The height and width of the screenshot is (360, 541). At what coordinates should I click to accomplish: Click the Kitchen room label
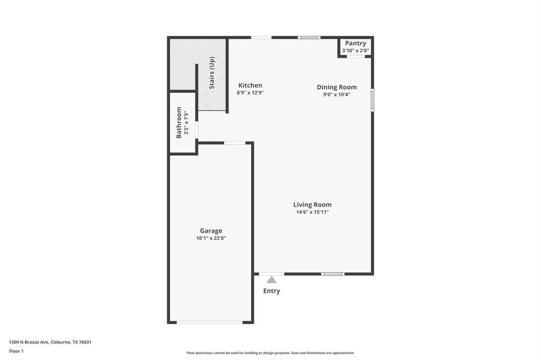(x=250, y=85)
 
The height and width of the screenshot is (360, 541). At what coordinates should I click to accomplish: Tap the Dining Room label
(x=337, y=87)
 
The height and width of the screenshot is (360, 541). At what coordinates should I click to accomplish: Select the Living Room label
(x=312, y=205)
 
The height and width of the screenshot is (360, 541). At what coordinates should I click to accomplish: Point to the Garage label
(x=211, y=231)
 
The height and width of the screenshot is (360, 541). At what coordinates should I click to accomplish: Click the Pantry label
(x=356, y=43)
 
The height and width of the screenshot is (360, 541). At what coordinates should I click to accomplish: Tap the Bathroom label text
(x=179, y=122)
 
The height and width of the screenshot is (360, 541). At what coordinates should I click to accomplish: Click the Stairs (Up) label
(x=212, y=73)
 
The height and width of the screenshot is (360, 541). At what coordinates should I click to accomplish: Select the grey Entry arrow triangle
(x=272, y=280)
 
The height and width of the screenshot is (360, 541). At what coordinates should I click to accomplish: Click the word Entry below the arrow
(x=272, y=291)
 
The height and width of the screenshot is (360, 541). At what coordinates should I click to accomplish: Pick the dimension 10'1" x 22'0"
(x=211, y=238)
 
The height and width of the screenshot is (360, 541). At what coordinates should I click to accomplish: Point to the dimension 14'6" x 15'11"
(x=312, y=212)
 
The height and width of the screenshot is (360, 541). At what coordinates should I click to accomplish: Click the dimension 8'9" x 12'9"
(x=250, y=92)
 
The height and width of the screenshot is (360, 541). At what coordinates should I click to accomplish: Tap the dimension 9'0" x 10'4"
(x=337, y=94)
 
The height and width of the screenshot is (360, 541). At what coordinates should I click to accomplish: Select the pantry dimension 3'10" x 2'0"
(x=356, y=51)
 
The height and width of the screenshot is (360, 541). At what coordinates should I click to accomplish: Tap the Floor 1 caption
(x=16, y=351)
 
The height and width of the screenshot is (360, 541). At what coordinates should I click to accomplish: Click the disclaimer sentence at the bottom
(x=270, y=353)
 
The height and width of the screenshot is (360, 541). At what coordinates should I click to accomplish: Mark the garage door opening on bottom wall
(x=209, y=322)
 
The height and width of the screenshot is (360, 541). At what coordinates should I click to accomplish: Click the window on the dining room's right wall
(x=372, y=100)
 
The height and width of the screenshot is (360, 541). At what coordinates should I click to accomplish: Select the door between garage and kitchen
(x=235, y=143)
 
